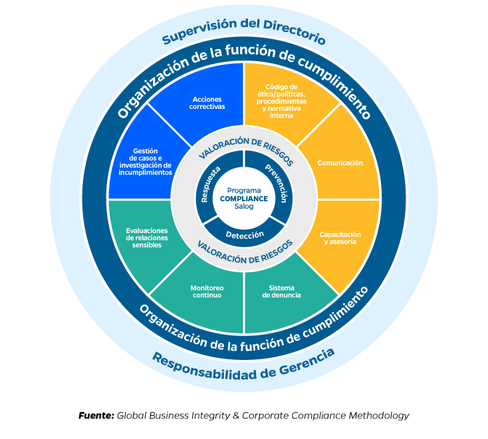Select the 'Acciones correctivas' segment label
pyautogui.click(x=207, y=103)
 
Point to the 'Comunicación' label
pyautogui.click(x=340, y=163)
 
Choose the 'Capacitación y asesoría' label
pyautogui.click(x=340, y=238)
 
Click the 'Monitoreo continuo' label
pyautogui.click(x=206, y=292)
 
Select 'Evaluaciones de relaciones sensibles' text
pyautogui.click(x=147, y=238)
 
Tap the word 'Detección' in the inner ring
pyautogui.click(x=244, y=234)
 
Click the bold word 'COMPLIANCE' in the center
pyautogui.click(x=244, y=198)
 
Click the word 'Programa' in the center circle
pyautogui.click(x=244, y=190)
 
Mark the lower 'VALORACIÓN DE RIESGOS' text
pyautogui.click(x=244, y=250)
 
